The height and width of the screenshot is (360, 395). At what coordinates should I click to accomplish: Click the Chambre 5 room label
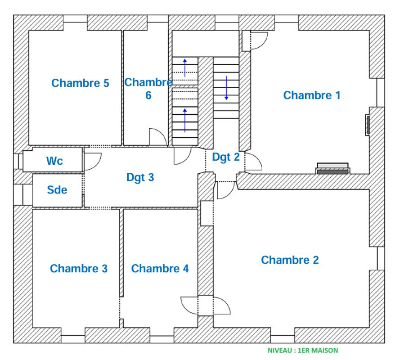pos(80,83)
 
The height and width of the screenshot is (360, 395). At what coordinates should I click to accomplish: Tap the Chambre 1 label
pos(312,95)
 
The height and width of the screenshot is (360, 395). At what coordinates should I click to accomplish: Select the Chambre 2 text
pos(290,260)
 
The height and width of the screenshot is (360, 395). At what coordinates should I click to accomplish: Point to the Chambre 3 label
pos(79,268)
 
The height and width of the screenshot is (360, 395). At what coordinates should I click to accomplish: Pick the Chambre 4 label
pos(160,268)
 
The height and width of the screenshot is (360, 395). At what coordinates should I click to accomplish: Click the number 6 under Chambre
pos(148,95)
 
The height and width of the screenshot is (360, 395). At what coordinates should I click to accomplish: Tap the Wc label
pos(54,161)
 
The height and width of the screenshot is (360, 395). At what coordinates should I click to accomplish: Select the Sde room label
pos(57,190)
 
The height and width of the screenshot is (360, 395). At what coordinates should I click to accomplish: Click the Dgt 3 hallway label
pos(140,177)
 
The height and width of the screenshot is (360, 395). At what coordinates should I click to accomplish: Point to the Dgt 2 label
pos(226,157)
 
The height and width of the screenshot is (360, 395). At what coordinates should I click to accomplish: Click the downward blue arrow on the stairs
pos(226,88)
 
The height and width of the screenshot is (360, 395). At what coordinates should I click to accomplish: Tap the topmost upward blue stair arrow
pos(185,68)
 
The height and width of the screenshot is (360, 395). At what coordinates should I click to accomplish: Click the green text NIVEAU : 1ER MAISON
pos(302,351)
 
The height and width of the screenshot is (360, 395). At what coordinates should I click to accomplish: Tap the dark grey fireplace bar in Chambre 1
pos(332,172)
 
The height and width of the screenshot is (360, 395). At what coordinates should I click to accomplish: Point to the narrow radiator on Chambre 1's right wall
pos(368,125)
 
